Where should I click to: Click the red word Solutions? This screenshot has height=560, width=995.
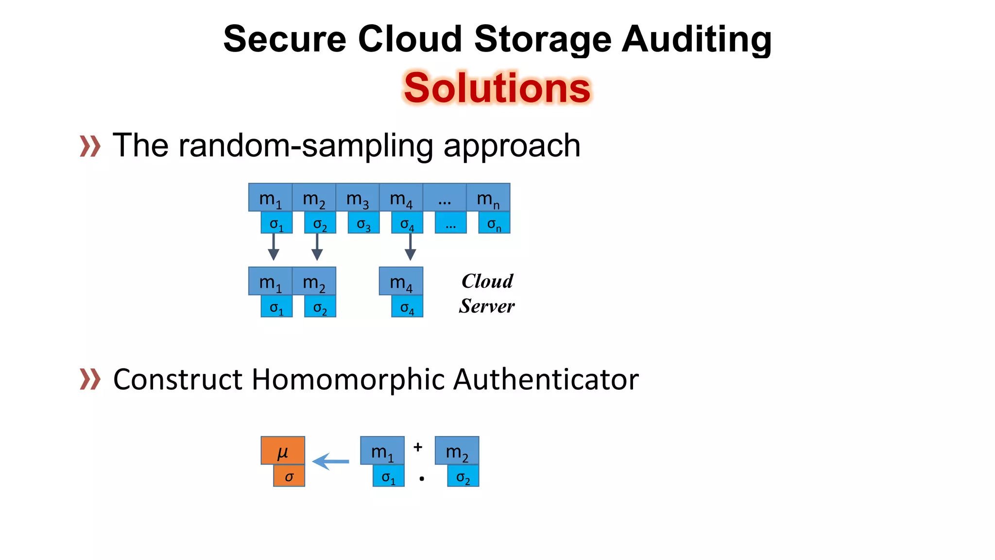tap(497, 88)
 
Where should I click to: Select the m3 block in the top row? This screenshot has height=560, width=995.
tap(358, 198)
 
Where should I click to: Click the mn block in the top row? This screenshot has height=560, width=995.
tap(488, 198)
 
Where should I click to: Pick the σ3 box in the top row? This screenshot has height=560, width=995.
tap(363, 223)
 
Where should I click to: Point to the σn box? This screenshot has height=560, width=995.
tap(494, 223)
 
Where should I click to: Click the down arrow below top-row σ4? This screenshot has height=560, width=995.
tap(410, 247)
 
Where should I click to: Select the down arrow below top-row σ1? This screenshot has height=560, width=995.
tap(274, 247)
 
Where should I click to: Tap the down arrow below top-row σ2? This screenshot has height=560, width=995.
tap(317, 247)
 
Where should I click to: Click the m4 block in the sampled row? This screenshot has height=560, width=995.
tap(401, 281)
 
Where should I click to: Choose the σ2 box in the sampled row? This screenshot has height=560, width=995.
tap(320, 307)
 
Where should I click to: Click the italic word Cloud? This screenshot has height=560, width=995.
tap(487, 281)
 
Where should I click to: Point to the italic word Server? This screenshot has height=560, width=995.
tap(487, 306)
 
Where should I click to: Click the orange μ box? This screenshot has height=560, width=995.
tap(283, 451)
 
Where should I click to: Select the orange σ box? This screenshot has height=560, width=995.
tap(289, 476)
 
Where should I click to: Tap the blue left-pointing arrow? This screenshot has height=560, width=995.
tap(330, 461)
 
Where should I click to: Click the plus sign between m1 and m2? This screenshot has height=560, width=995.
tap(418, 447)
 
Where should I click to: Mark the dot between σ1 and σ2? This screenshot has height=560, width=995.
tap(422, 479)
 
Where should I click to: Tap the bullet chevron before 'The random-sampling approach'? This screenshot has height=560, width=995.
tap(90, 146)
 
